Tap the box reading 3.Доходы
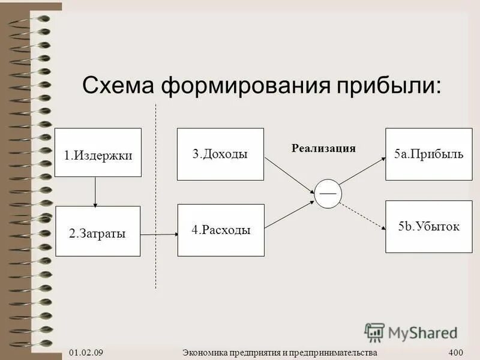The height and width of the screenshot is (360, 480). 220,154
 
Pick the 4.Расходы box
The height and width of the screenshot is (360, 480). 221,230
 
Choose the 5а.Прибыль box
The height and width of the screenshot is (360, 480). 428,154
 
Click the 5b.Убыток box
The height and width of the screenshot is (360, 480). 428,227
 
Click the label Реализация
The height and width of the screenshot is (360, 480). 323,148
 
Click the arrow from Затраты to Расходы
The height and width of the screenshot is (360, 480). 160,234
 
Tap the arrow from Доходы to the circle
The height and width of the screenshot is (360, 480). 290,175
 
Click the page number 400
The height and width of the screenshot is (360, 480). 456,352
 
